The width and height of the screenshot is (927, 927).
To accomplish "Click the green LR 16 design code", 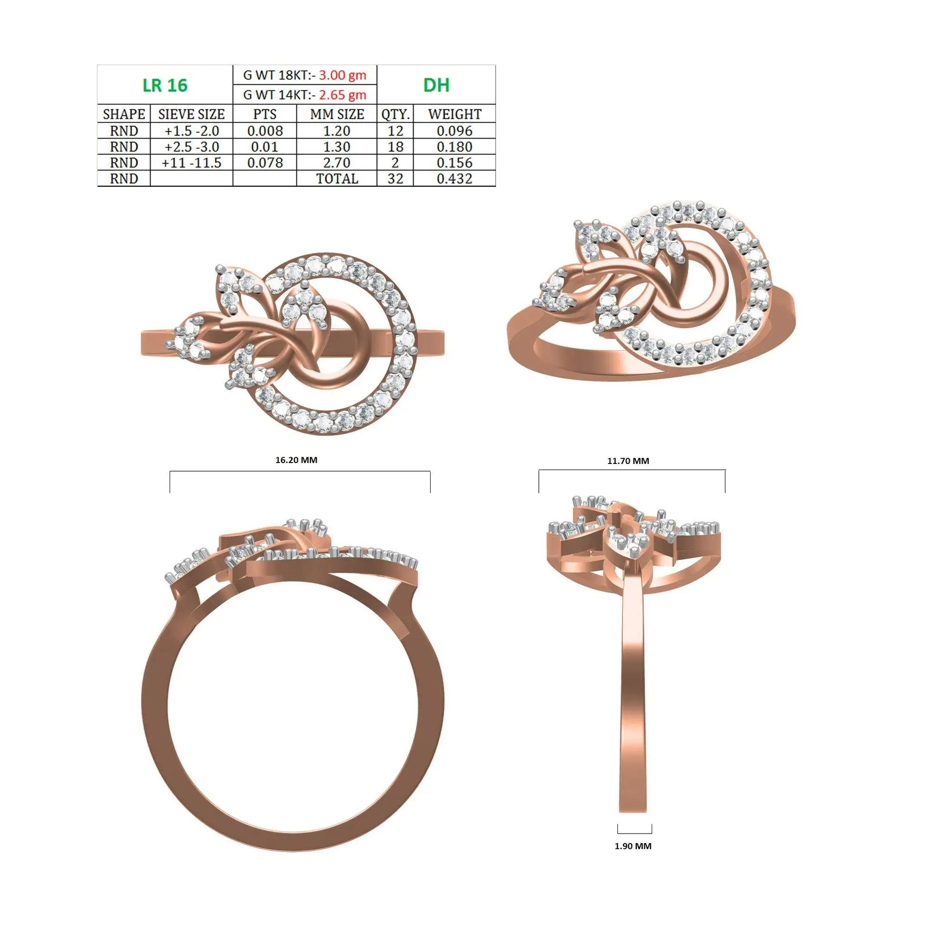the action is pos(165,85).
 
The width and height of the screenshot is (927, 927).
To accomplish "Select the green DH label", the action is pos(436,85).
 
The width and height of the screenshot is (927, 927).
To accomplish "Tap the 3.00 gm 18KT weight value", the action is pos(343,75).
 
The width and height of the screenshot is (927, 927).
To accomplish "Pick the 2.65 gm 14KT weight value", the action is pos(343,94).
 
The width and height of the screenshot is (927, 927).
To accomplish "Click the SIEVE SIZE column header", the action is pos(191,114).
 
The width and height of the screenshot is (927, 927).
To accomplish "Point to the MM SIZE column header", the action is pos(337,114).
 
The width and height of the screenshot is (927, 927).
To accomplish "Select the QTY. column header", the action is pos(395,114).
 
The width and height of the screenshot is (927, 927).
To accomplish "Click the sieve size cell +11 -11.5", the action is pos(191,162).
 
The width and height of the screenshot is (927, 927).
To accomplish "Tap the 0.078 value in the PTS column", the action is pos(265,162).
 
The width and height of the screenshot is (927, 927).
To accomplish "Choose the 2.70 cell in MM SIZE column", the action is pos(337,162).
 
